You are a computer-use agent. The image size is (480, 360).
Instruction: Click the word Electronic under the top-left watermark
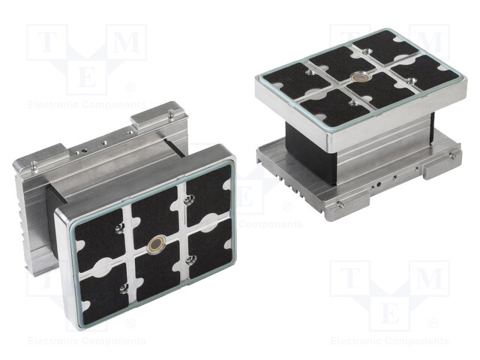[52, 105]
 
